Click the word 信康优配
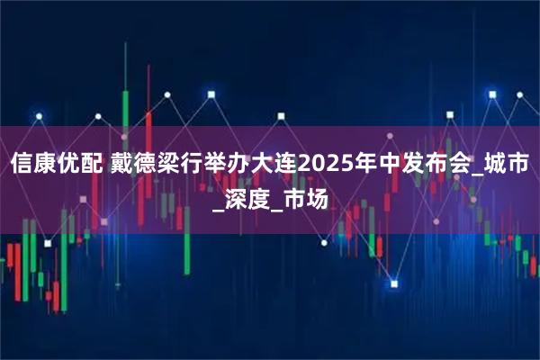click(x=57, y=166)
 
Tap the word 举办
click(x=233, y=166)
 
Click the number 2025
click(x=334, y=166)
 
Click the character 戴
click(x=123, y=166)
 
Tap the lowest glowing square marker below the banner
click(x=393, y=284)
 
